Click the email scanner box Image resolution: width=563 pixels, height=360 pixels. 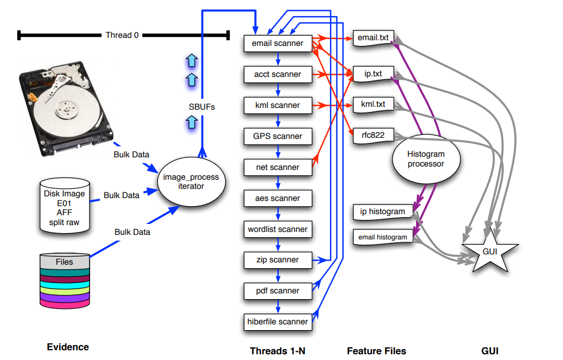[x=278, y=43]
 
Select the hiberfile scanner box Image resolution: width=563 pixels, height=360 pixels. [x=278, y=322]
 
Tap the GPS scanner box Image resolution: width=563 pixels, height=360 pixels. [x=278, y=136]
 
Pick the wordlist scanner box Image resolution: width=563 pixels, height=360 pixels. [x=278, y=229]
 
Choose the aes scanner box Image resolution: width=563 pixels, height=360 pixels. [x=278, y=198]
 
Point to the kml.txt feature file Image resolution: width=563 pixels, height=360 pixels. [x=372, y=104]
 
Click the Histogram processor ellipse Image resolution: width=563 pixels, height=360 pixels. [x=425, y=159]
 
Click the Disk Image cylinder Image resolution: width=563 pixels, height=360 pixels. [x=64, y=205]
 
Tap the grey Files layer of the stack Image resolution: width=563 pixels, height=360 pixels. [x=64, y=261]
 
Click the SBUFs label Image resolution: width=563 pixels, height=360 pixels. [x=202, y=106]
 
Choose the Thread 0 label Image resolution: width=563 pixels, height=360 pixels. [x=122, y=36]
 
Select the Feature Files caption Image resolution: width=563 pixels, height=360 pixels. [x=376, y=350]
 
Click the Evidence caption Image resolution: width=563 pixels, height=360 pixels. [x=68, y=347]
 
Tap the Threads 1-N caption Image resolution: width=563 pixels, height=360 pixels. [x=277, y=350]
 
